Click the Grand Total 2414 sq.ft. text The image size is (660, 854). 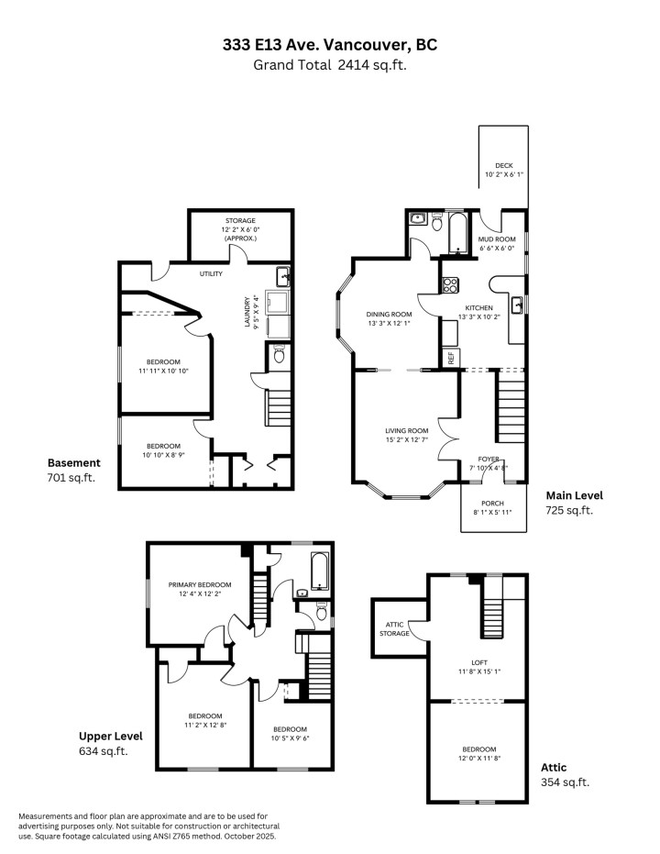329,64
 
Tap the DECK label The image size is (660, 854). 504,166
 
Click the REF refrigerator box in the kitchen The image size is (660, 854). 451,358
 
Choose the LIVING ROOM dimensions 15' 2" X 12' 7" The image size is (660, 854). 406,439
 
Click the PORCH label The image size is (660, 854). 493,503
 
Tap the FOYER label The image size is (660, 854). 489,459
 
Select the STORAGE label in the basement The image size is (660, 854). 241,221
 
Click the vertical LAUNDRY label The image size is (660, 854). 248,313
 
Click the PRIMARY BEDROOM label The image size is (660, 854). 200,584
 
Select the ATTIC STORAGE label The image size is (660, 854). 394,627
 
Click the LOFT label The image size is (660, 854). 479,662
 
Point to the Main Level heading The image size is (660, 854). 575,495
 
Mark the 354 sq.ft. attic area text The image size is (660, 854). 566,782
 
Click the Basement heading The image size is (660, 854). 74,462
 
